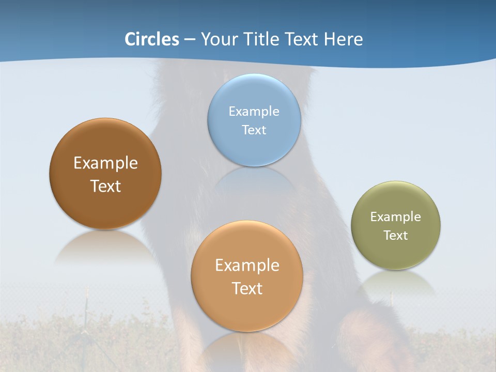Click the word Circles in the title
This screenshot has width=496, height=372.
coord(152,39)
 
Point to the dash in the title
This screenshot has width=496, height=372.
coord(190,40)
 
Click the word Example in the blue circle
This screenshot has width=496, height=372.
coord(254,111)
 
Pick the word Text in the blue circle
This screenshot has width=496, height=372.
coord(254,130)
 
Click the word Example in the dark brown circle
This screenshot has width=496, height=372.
coord(105,163)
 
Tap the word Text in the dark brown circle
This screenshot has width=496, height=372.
coord(105,186)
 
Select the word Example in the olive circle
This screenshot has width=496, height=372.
coord(396,217)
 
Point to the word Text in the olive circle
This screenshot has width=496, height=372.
coord(396,236)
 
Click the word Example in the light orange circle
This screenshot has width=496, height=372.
coord(247,266)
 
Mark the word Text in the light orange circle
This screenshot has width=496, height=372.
coord(247,288)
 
